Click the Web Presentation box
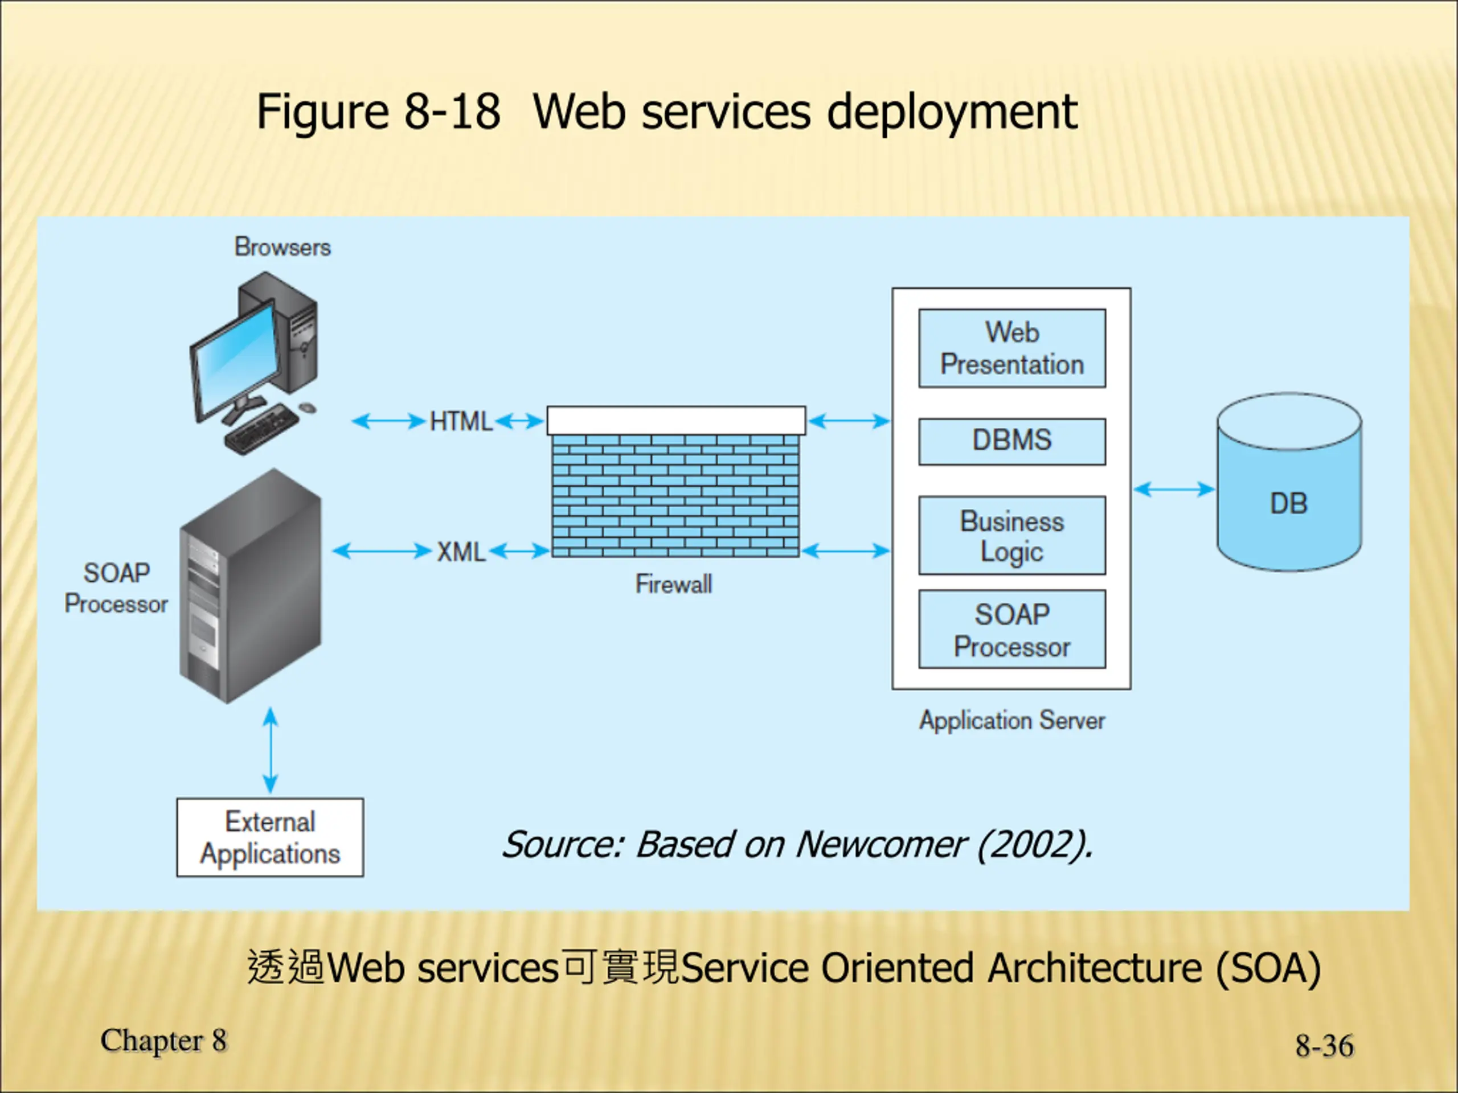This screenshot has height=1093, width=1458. pyautogui.click(x=1011, y=348)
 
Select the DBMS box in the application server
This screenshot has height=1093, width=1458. pyautogui.click(x=1011, y=441)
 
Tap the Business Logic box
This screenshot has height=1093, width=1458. pyautogui.click(x=1011, y=536)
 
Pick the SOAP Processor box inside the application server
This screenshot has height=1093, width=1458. pyautogui.click(x=1011, y=629)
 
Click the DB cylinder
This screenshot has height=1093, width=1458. pyautogui.click(x=1289, y=482)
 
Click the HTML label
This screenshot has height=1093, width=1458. pyautogui.click(x=461, y=422)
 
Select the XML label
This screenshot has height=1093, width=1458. pyautogui.click(x=461, y=552)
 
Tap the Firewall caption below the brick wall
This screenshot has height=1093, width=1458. pyautogui.click(x=674, y=584)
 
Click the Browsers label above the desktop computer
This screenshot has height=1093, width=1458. pyautogui.click(x=282, y=247)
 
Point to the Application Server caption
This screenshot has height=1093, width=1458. pyautogui.click(x=1011, y=720)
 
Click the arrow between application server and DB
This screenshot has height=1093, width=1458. pyautogui.click(x=1174, y=489)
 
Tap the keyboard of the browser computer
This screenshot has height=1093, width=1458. pyautogui.click(x=261, y=428)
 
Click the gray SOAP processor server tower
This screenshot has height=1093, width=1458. pyautogui.click(x=251, y=586)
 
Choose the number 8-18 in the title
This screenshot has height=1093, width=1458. pyautogui.click(x=452, y=112)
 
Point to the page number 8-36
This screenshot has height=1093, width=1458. pyautogui.click(x=1324, y=1046)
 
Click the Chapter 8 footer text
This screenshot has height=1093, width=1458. pyautogui.click(x=163, y=1041)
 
